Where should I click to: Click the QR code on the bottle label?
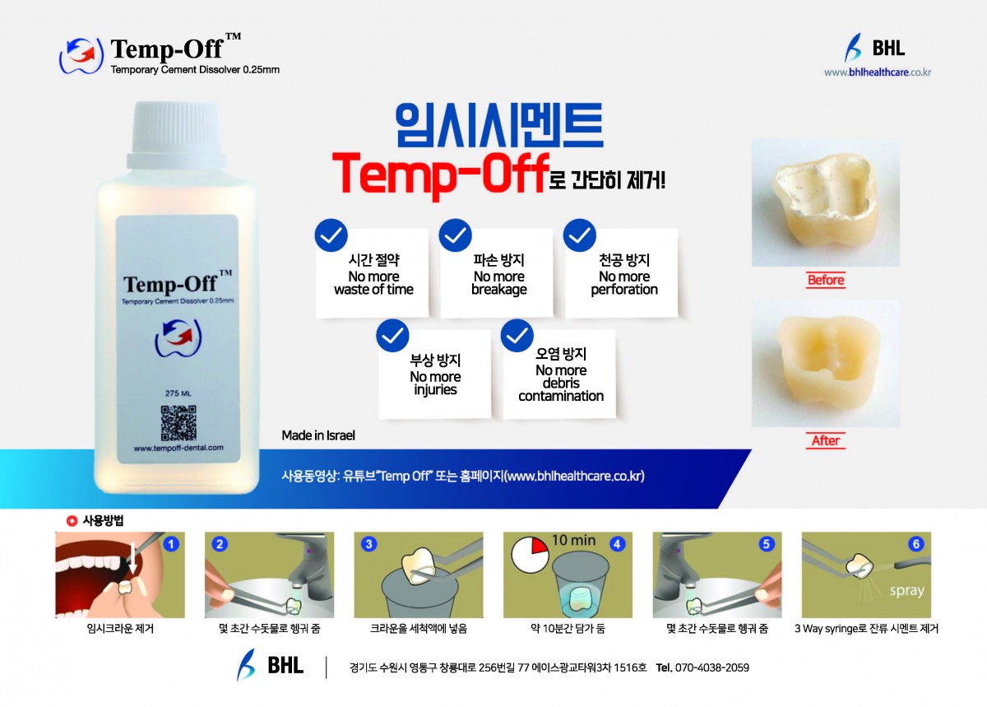[x=178, y=423]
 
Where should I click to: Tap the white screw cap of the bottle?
[x=176, y=135]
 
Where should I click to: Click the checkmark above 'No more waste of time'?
[x=331, y=235]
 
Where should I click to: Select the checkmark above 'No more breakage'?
[x=455, y=235]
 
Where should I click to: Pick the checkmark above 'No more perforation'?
[x=579, y=235]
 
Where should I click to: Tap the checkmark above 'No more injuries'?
[x=392, y=335]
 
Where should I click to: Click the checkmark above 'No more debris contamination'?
[x=517, y=335]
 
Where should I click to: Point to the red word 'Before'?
[x=826, y=280]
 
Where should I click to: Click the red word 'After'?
[x=826, y=440]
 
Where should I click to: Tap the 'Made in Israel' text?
[x=318, y=435]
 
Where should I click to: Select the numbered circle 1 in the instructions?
[x=171, y=544]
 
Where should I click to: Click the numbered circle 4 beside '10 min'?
[x=617, y=544]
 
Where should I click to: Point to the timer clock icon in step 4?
[x=530, y=555]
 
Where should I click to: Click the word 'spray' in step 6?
[x=906, y=590]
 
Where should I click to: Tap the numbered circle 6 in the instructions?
[x=916, y=544]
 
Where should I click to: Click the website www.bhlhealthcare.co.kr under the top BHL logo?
[x=878, y=72]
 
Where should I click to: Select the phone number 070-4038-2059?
[x=711, y=667]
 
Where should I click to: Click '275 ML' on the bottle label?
[x=178, y=393]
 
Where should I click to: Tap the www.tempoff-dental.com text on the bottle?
[x=178, y=448]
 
